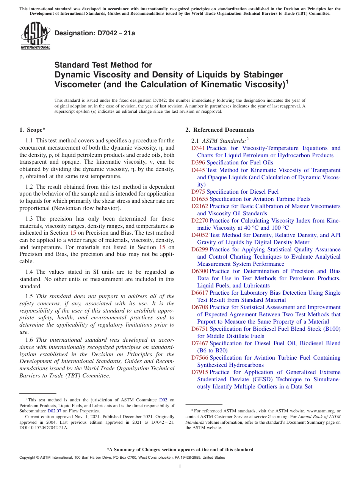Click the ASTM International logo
(x=35, y=36)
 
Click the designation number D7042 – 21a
(x=95, y=33)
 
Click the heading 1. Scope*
(x=33, y=130)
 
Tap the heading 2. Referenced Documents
(x=220, y=130)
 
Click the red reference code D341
(x=198, y=148)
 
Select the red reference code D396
(x=198, y=163)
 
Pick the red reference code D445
(x=198, y=170)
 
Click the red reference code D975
(x=198, y=192)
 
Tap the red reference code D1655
(x=200, y=199)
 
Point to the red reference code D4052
(x=200, y=235)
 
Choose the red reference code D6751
(x=200, y=329)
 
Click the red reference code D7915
(x=200, y=372)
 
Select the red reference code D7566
(x=200, y=358)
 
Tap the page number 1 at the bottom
(x=180, y=467)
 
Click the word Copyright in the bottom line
(x=27, y=458)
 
